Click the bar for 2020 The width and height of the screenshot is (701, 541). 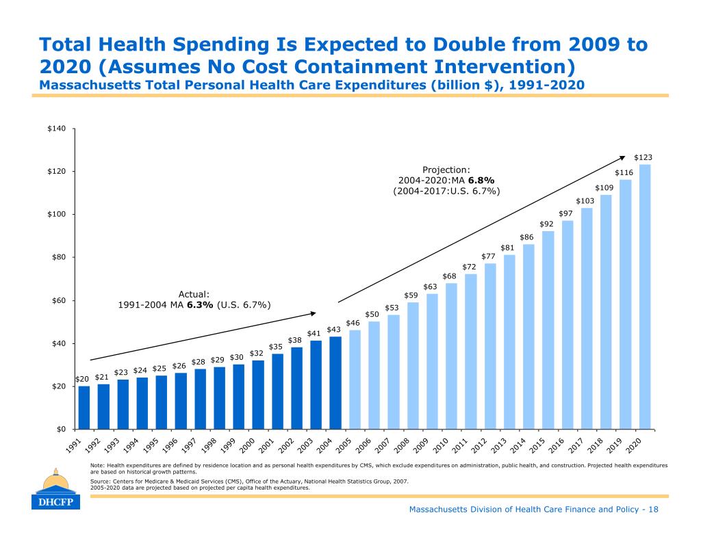point(644,296)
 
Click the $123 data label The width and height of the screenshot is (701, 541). point(643,157)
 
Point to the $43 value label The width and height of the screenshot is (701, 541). point(333,330)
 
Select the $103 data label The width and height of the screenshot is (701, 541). point(585,201)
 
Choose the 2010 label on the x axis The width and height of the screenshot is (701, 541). point(440,445)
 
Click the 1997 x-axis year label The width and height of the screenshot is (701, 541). point(191,445)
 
